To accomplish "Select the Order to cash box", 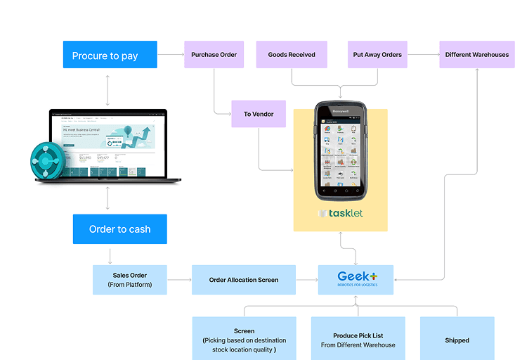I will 119,229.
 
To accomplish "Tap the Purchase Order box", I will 214,55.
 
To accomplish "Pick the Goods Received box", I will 292,55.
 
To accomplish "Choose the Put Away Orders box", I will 377,55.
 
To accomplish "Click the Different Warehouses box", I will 477,55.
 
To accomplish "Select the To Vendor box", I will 259,114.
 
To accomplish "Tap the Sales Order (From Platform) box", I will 130,280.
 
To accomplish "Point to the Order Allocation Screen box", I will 244,280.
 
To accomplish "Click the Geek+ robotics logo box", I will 356,280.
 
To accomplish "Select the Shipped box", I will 457,340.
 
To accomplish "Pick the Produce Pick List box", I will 358,340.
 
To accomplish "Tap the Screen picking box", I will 244,340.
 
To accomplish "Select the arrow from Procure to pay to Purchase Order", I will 171,55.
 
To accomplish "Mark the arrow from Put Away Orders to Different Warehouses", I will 423,55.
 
